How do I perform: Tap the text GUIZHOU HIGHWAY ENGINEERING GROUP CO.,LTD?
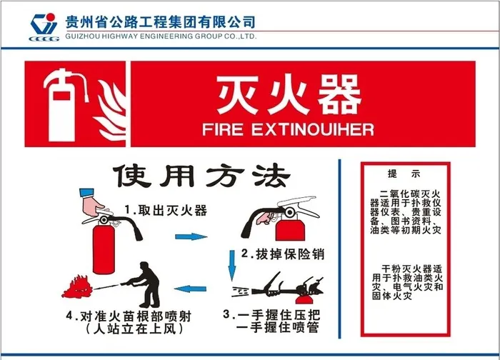click(160, 36)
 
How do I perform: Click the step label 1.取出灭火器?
click(166, 210)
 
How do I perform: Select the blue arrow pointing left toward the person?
click(191, 289)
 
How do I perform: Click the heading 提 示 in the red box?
click(404, 174)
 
